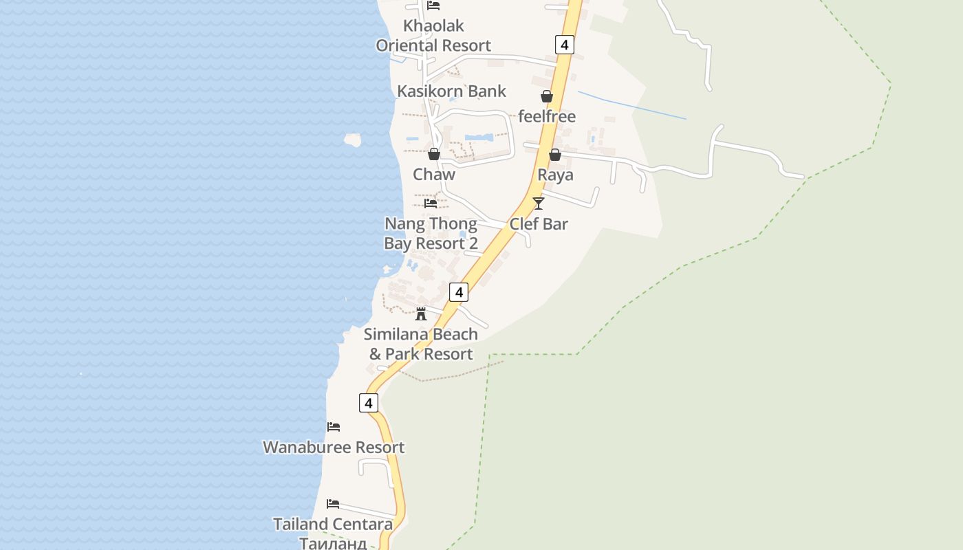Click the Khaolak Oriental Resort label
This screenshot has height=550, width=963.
[x=433, y=36]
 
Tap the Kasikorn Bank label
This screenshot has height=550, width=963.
[x=451, y=91]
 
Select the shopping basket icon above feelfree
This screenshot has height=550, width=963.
[x=547, y=97]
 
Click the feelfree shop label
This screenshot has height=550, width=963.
[x=547, y=116]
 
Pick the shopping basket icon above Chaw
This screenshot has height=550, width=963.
[x=434, y=155]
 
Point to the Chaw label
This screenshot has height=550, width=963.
[x=434, y=175]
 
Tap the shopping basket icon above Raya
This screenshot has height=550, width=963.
[x=555, y=155]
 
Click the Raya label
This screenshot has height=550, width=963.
[x=555, y=175]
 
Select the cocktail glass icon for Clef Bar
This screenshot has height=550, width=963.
[x=539, y=203]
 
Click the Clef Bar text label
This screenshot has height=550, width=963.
[x=539, y=224]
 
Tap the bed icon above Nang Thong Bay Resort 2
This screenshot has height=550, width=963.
[x=431, y=203]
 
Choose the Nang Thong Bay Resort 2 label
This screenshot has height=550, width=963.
[x=431, y=234]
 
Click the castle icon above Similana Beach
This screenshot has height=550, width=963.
[x=421, y=314]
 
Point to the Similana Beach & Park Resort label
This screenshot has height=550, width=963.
[x=421, y=344]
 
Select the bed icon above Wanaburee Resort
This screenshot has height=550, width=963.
[x=334, y=427]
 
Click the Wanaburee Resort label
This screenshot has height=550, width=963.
[x=334, y=448]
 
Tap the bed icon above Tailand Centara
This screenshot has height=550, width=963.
[x=333, y=504]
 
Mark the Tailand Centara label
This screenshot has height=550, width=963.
[x=333, y=525]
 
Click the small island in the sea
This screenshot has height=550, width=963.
[x=353, y=140]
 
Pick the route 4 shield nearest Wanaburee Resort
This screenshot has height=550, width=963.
[x=369, y=403]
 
